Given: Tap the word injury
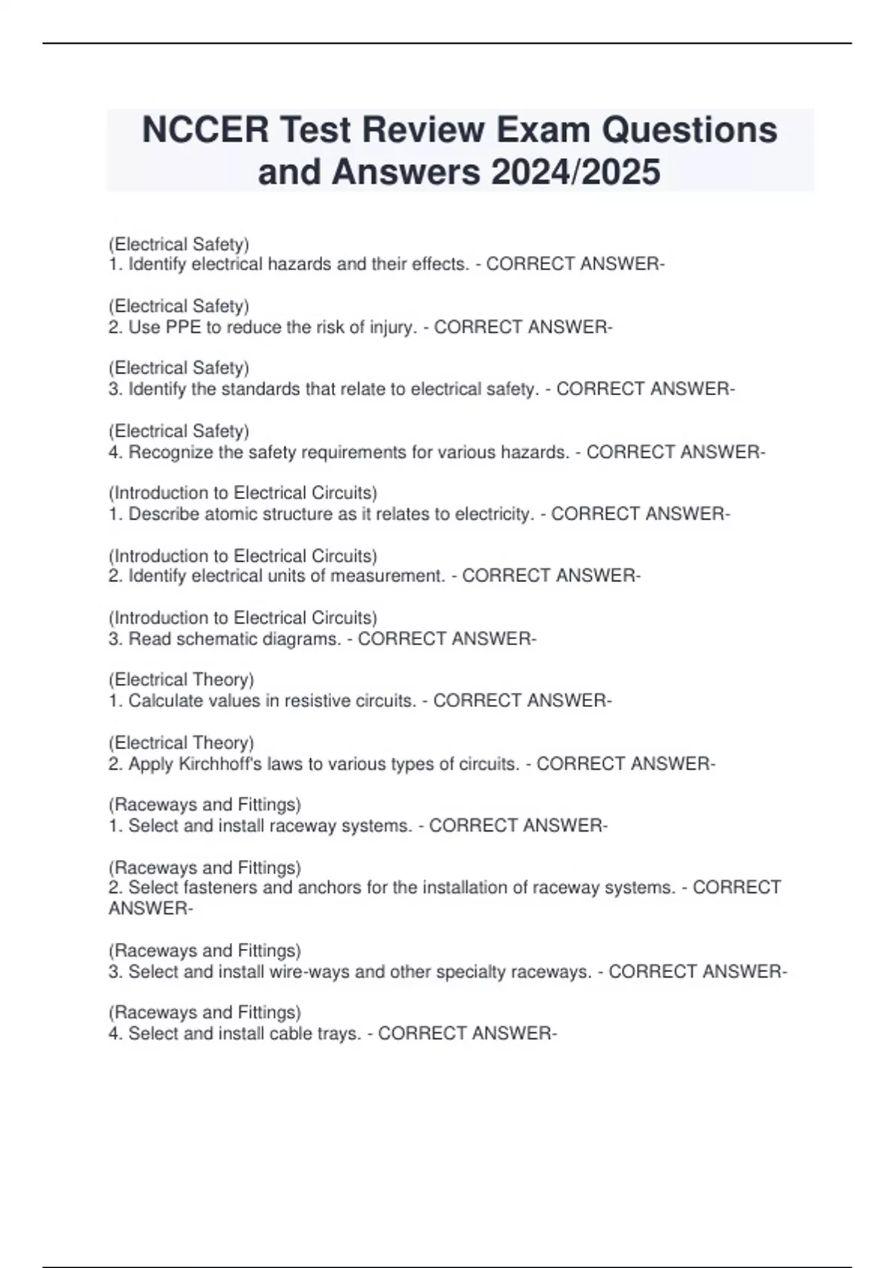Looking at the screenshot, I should click(392, 327).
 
